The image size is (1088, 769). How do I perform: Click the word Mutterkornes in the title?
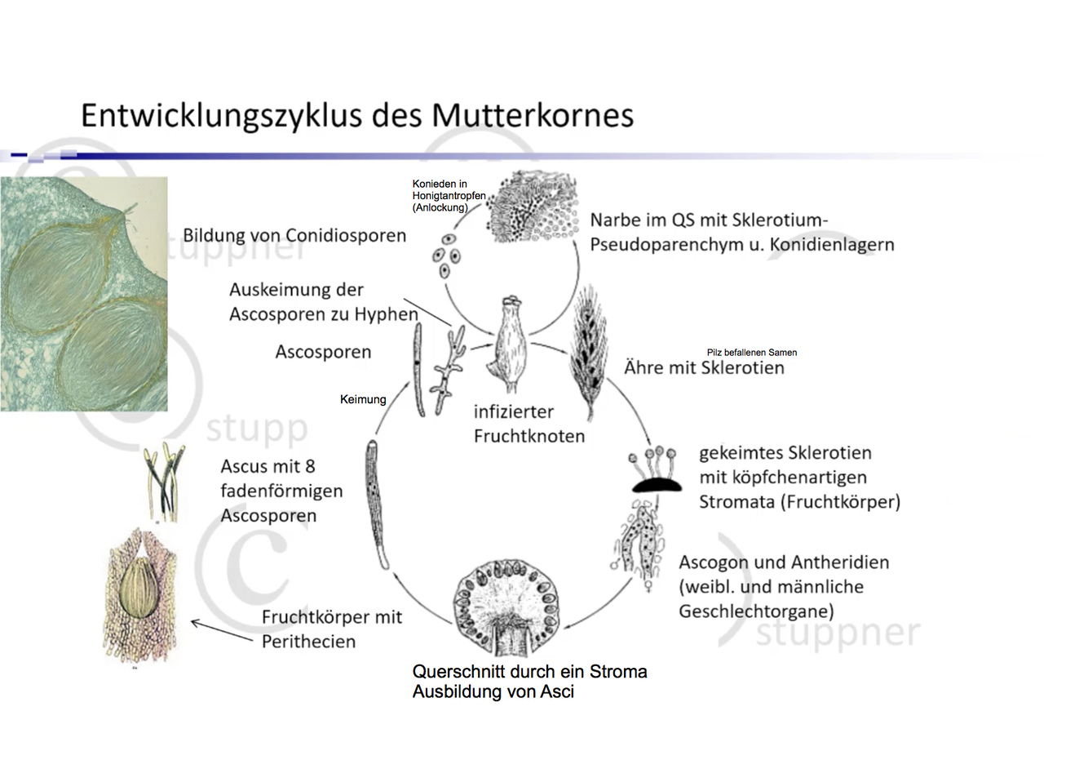(x=532, y=115)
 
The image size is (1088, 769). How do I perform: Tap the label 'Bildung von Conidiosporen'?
(x=294, y=236)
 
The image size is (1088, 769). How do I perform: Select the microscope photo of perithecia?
(x=84, y=294)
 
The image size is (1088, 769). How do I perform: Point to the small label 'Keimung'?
(x=363, y=399)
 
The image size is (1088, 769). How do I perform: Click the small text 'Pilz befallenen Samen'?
(x=751, y=353)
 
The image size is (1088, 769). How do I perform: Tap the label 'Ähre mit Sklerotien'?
(x=704, y=368)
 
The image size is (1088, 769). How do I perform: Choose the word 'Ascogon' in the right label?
(x=713, y=562)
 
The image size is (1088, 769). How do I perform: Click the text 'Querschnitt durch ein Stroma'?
(x=529, y=672)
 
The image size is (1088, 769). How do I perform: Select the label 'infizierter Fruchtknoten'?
(x=529, y=424)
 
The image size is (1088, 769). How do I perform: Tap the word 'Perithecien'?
(x=308, y=642)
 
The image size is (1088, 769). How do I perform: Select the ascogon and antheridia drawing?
(x=637, y=542)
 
